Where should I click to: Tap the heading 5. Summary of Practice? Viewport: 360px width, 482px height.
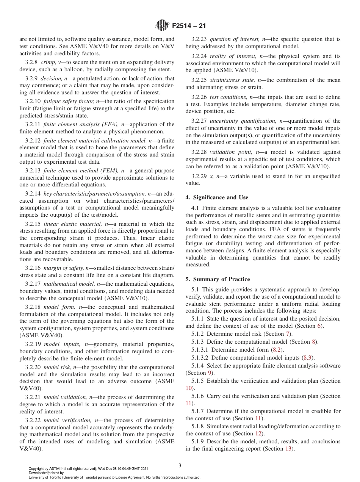click(x=218, y=279)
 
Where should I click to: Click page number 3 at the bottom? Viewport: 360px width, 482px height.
click(x=180, y=465)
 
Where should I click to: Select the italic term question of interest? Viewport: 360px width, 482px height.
click(x=233, y=39)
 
